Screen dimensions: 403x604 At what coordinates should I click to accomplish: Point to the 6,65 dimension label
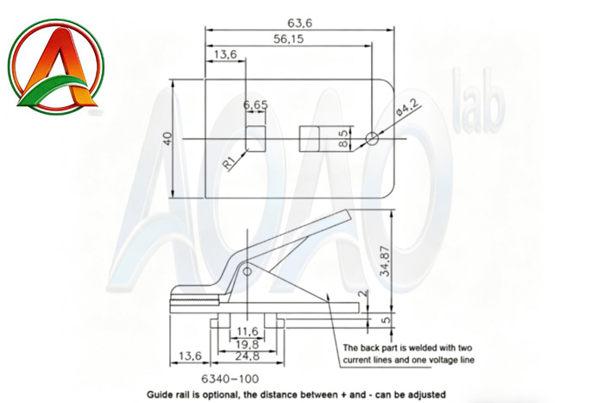coord(255,105)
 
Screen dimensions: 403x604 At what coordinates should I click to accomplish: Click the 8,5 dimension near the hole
coord(343,137)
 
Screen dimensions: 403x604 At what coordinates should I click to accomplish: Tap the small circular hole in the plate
coord(372,138)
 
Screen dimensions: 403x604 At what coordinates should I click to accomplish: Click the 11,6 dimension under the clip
coord(248,331)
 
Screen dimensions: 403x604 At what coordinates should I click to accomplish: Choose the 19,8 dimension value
coord(248,343)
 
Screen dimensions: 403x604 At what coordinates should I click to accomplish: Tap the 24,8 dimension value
coord(248,356)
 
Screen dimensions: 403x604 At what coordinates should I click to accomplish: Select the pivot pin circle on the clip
coord(247,272)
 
